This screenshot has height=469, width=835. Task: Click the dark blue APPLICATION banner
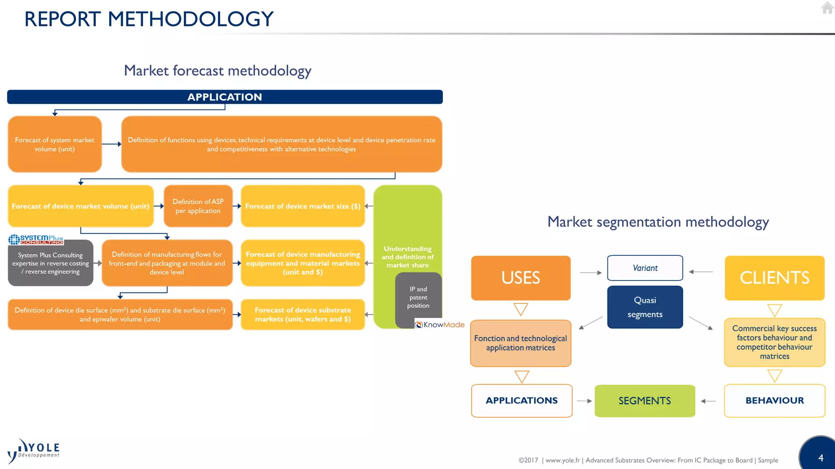pos(225,97)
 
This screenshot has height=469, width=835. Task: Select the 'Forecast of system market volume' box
pos(55,144)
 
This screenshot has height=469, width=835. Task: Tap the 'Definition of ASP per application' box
pos(198,206)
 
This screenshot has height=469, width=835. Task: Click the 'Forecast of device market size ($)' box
pos(303,206)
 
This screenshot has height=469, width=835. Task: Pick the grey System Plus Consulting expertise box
pos(51,263)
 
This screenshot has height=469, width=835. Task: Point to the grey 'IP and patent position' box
pos(418,297)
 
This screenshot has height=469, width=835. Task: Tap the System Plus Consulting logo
pos(36,239)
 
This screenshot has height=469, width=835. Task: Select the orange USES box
pos(521,278)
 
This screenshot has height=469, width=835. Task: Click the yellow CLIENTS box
pos(774,278)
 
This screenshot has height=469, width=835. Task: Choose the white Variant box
pos(645,268)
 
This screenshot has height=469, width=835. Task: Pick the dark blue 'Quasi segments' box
pos(645,307)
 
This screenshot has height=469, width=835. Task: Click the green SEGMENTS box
pos(645,401)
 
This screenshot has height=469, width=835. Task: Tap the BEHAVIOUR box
pos(774,401)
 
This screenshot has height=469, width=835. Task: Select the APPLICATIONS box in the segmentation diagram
pos(521,401)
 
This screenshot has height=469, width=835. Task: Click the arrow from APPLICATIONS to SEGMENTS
pos(584,401)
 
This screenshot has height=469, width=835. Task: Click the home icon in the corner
pos(827,8)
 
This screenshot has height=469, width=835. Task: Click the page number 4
pos(821,458)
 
